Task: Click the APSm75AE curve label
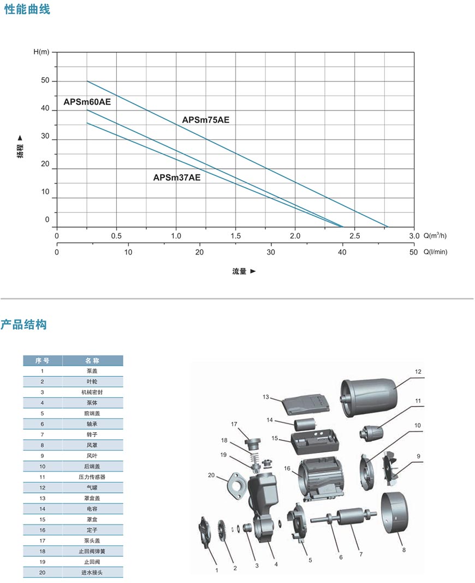206,120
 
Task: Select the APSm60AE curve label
87,102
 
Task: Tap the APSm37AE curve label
177,178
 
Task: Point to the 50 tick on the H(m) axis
45,80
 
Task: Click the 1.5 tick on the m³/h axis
235,235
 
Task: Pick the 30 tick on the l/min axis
271,252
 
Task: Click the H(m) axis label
41,52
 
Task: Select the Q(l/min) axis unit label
435,252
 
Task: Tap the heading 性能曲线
27,9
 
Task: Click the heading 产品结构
23,325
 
